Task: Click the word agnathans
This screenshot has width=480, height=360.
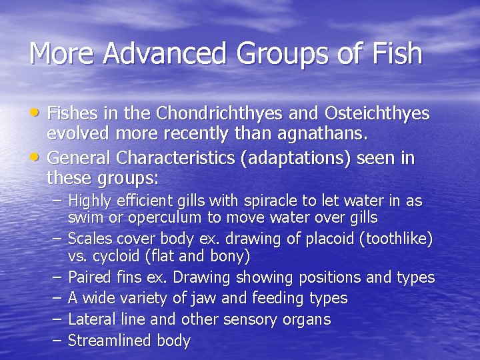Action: pyautogui.click(x=325, y=134)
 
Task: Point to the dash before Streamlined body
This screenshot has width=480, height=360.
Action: pyautogui.click(x=56, y=340)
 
